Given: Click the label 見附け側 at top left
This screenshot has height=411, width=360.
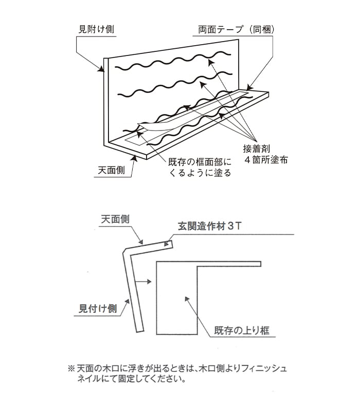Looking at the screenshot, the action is click(96, 29).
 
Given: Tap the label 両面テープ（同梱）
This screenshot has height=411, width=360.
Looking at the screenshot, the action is click(236, 29).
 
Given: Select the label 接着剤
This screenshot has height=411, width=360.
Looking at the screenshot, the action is click(256, 149).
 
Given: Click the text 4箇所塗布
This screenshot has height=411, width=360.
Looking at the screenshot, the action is click(266, 160).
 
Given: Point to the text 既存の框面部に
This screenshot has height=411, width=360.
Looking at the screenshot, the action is click(200, 162).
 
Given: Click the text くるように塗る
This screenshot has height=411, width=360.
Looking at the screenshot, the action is click(200, 173).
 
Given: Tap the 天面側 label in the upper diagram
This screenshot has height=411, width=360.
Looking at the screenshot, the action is click(112, 171).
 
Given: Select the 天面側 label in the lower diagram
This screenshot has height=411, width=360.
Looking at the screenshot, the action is click(115, 219).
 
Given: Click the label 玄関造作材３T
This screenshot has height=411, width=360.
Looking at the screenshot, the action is click(209, 226).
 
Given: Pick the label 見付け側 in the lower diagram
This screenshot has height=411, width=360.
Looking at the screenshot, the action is click(98, 309).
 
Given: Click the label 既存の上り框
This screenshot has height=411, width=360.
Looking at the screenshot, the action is click(242, 330).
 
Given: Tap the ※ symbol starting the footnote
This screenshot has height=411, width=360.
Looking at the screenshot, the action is click(71, 368).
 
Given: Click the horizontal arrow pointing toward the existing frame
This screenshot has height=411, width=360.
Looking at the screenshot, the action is click(143, 282).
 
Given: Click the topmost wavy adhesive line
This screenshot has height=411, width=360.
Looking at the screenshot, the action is click(173, 61).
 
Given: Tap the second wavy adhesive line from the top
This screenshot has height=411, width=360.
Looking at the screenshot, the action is click(175, 85).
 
